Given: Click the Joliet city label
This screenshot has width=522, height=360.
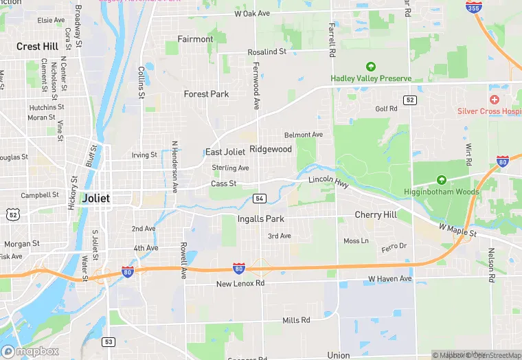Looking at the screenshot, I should (95, 198).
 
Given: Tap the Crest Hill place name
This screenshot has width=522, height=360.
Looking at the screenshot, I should (38, 47).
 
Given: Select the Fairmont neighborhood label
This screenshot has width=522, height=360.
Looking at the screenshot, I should (195, 39).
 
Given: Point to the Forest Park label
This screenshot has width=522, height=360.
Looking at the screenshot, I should (206, 94).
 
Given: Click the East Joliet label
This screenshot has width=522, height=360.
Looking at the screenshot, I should (225, 152).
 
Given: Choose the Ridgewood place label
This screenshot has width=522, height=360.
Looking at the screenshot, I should (271, 149).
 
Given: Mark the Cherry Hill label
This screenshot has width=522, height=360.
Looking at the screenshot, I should (376, 215).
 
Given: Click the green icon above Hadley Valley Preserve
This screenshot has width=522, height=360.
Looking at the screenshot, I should (371, 67).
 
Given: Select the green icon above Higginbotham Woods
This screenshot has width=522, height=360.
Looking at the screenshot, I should (441, 180).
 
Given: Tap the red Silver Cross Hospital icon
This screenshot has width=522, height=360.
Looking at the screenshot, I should (494, 100).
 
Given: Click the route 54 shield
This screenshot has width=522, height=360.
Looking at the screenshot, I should (259, 199).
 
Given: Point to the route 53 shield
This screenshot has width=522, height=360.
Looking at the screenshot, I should (109, 341).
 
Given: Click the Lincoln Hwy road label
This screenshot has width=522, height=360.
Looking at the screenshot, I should (329, 179).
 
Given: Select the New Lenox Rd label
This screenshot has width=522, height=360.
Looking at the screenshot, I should (240, 284).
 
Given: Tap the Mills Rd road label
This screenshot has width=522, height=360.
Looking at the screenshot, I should (296, 321).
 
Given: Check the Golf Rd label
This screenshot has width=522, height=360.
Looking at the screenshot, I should (386, 109).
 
